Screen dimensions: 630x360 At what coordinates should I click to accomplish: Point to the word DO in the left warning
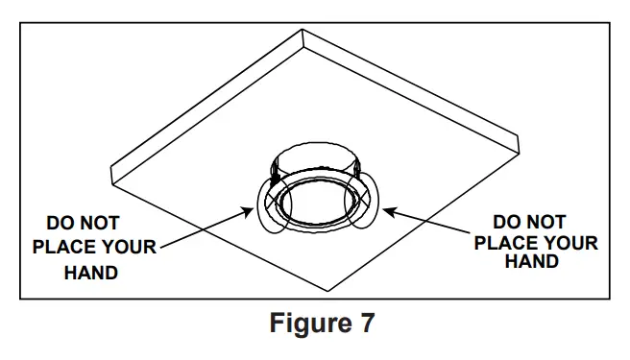click(63, 225)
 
